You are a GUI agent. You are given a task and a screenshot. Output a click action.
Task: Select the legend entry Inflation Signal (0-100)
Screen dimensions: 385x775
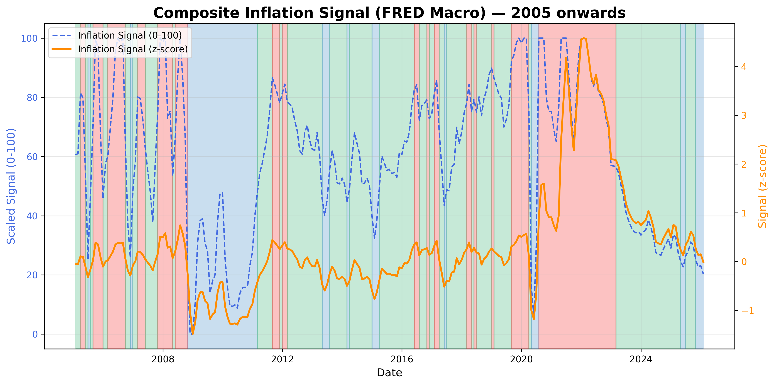point(130,35)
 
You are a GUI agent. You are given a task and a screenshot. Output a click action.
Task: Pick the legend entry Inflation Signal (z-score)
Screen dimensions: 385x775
point(133,49)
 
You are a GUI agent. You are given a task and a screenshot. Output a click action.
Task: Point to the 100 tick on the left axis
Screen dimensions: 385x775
point(29,39)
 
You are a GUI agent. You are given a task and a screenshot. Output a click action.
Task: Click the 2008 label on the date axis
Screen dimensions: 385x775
point(163,359)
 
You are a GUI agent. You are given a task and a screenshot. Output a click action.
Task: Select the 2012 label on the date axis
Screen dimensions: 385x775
point(282,359)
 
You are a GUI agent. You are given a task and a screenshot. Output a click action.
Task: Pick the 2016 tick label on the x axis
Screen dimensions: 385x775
point(402,359)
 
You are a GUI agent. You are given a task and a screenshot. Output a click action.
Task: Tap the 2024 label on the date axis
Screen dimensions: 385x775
point(641,359)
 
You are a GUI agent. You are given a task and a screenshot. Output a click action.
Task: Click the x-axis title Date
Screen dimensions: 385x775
point(389,373)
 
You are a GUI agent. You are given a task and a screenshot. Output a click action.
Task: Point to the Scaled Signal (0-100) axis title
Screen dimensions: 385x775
point(11,186)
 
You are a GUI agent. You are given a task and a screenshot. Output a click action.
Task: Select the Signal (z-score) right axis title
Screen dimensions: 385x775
point(762,186)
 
